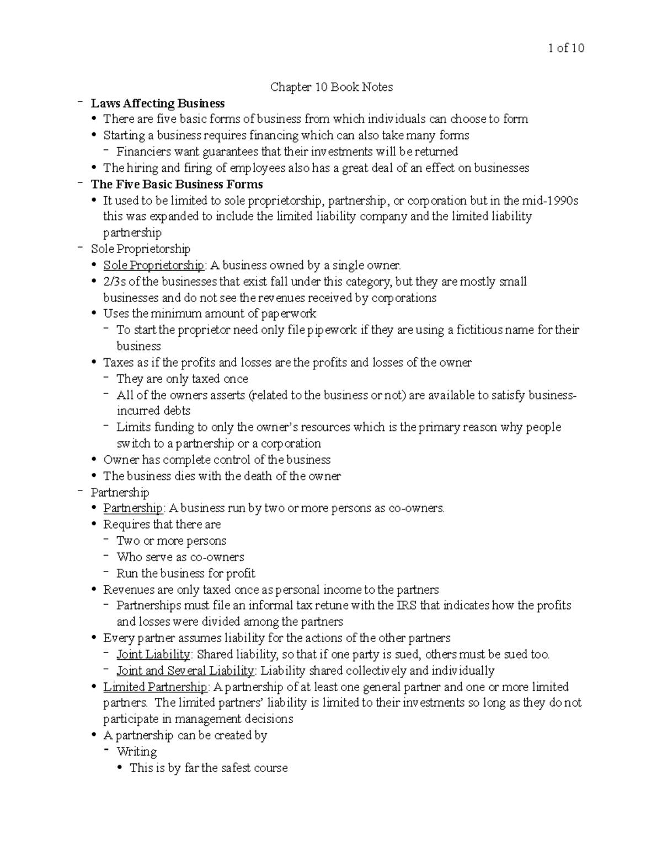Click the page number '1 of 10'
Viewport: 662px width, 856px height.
click(x=566, y=48)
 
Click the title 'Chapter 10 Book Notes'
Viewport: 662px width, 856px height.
click(x=331, y=87)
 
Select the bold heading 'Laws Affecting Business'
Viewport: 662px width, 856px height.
click(x=158, y=103)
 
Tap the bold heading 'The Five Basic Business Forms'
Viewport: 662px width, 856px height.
click(x=177, y=184)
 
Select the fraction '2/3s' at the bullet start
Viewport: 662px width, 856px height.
click(x=115, y=282)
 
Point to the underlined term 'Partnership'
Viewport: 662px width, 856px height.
click(x=133, y=508)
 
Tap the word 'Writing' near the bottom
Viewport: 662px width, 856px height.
click(x=137, y=752)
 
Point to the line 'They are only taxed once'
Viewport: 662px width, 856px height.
click(x=182, y=379)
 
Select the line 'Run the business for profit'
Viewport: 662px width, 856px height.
click(x=186, y=573)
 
